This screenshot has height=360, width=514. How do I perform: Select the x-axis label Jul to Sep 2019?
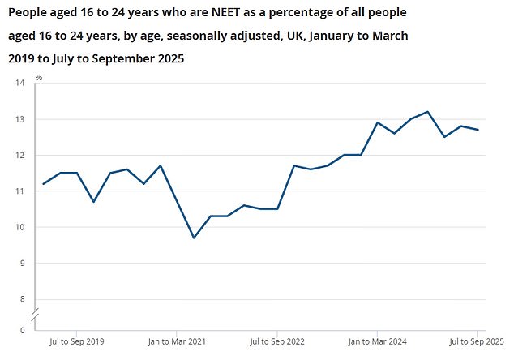77,342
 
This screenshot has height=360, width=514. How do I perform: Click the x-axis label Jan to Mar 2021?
177,342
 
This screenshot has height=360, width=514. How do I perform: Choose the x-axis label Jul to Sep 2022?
276,342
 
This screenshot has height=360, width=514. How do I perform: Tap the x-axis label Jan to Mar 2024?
376,342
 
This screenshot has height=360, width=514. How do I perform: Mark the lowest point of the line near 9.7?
194,238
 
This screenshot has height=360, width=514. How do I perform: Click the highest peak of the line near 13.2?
427,112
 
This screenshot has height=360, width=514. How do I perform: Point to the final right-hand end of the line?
478,130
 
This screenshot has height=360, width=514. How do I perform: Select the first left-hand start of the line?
44,184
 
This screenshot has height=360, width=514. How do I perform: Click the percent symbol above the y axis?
39,78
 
